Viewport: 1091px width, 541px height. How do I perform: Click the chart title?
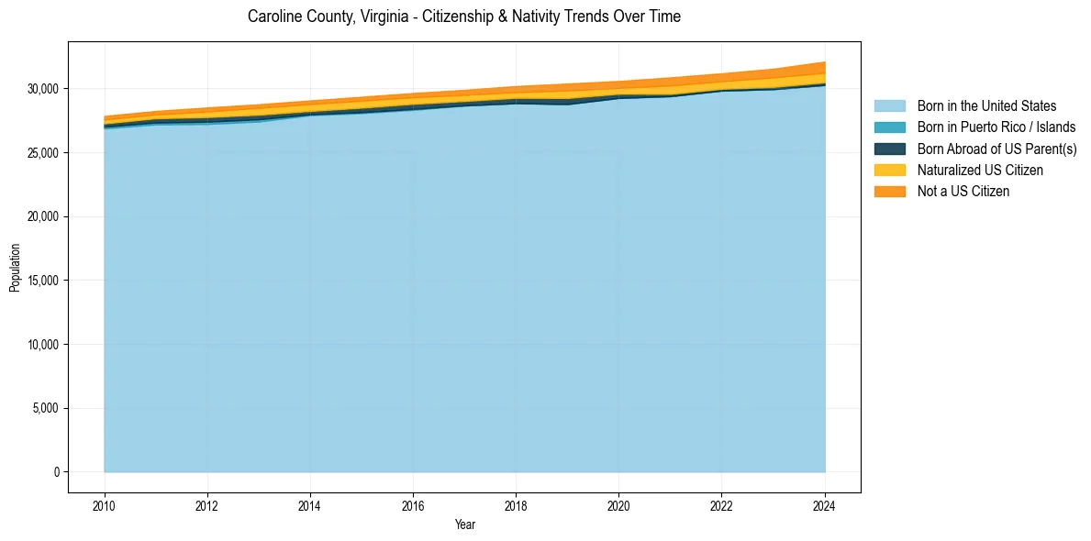[x=464, y=17]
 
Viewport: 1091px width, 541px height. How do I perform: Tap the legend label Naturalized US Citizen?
[x=980, y=170]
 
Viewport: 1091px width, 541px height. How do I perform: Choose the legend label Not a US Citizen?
[x=963, y=191]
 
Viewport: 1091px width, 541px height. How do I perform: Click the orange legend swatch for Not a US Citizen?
[x=889, y=191]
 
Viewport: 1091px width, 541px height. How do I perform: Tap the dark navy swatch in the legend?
[x=889, y=149]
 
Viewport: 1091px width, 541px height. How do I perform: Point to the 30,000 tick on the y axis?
[x=42, y=89]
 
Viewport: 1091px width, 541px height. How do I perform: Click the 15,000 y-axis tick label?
[x=42, y=281]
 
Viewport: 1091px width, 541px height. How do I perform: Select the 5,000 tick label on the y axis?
[x=45, y=408]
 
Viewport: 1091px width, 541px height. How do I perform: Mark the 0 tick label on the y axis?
[x=56, y=472]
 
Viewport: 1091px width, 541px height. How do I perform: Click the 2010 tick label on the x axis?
[x=105, y=505]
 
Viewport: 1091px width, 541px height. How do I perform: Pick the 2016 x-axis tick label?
[x=414, y=505]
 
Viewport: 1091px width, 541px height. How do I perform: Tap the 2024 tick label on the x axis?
[x=825, y=505]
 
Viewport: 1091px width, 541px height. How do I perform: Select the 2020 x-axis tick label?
[x=619, y=505]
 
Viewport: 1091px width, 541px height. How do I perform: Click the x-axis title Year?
[x=464, y=524]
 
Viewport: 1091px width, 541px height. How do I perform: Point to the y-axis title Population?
[x=15, y=268]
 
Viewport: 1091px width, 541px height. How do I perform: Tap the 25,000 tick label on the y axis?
[x=42, y=153]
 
